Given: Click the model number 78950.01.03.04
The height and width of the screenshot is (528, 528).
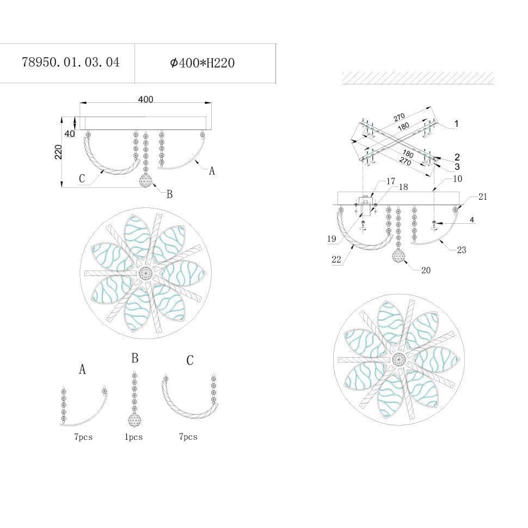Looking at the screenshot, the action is [71, 62].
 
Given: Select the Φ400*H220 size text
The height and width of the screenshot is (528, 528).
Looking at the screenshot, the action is [202, 63].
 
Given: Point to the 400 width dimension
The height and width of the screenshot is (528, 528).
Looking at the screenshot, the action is [145, 99].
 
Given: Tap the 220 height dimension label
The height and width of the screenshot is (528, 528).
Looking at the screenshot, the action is [58, 152].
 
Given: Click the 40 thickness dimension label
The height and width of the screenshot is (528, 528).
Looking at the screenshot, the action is [70, 134].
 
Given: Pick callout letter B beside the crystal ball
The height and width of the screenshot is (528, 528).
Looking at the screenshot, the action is [169, 194].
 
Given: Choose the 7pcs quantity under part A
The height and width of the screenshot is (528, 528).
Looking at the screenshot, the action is [83, 437].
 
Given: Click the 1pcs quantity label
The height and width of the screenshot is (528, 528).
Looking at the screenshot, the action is [134, 437].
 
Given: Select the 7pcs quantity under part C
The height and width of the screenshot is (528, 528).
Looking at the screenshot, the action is [188, 437].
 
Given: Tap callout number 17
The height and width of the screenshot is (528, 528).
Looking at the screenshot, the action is [391, 181].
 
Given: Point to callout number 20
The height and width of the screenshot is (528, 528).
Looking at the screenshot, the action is [426, 270].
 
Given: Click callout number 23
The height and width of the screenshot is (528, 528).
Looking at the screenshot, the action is [462, 250].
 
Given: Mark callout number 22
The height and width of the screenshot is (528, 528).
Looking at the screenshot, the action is [336, 259].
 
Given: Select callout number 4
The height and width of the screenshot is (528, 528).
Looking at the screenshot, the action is [472, 220].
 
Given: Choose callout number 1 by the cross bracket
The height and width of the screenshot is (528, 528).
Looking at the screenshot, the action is [456, 124].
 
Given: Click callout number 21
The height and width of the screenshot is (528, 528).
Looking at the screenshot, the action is [483, 197].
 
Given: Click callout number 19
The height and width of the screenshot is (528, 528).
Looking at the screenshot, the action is [331, 239].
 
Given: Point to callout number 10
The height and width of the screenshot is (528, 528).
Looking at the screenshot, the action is [458, 179].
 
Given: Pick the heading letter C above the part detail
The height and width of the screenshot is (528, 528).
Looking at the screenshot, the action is [190, 360].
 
